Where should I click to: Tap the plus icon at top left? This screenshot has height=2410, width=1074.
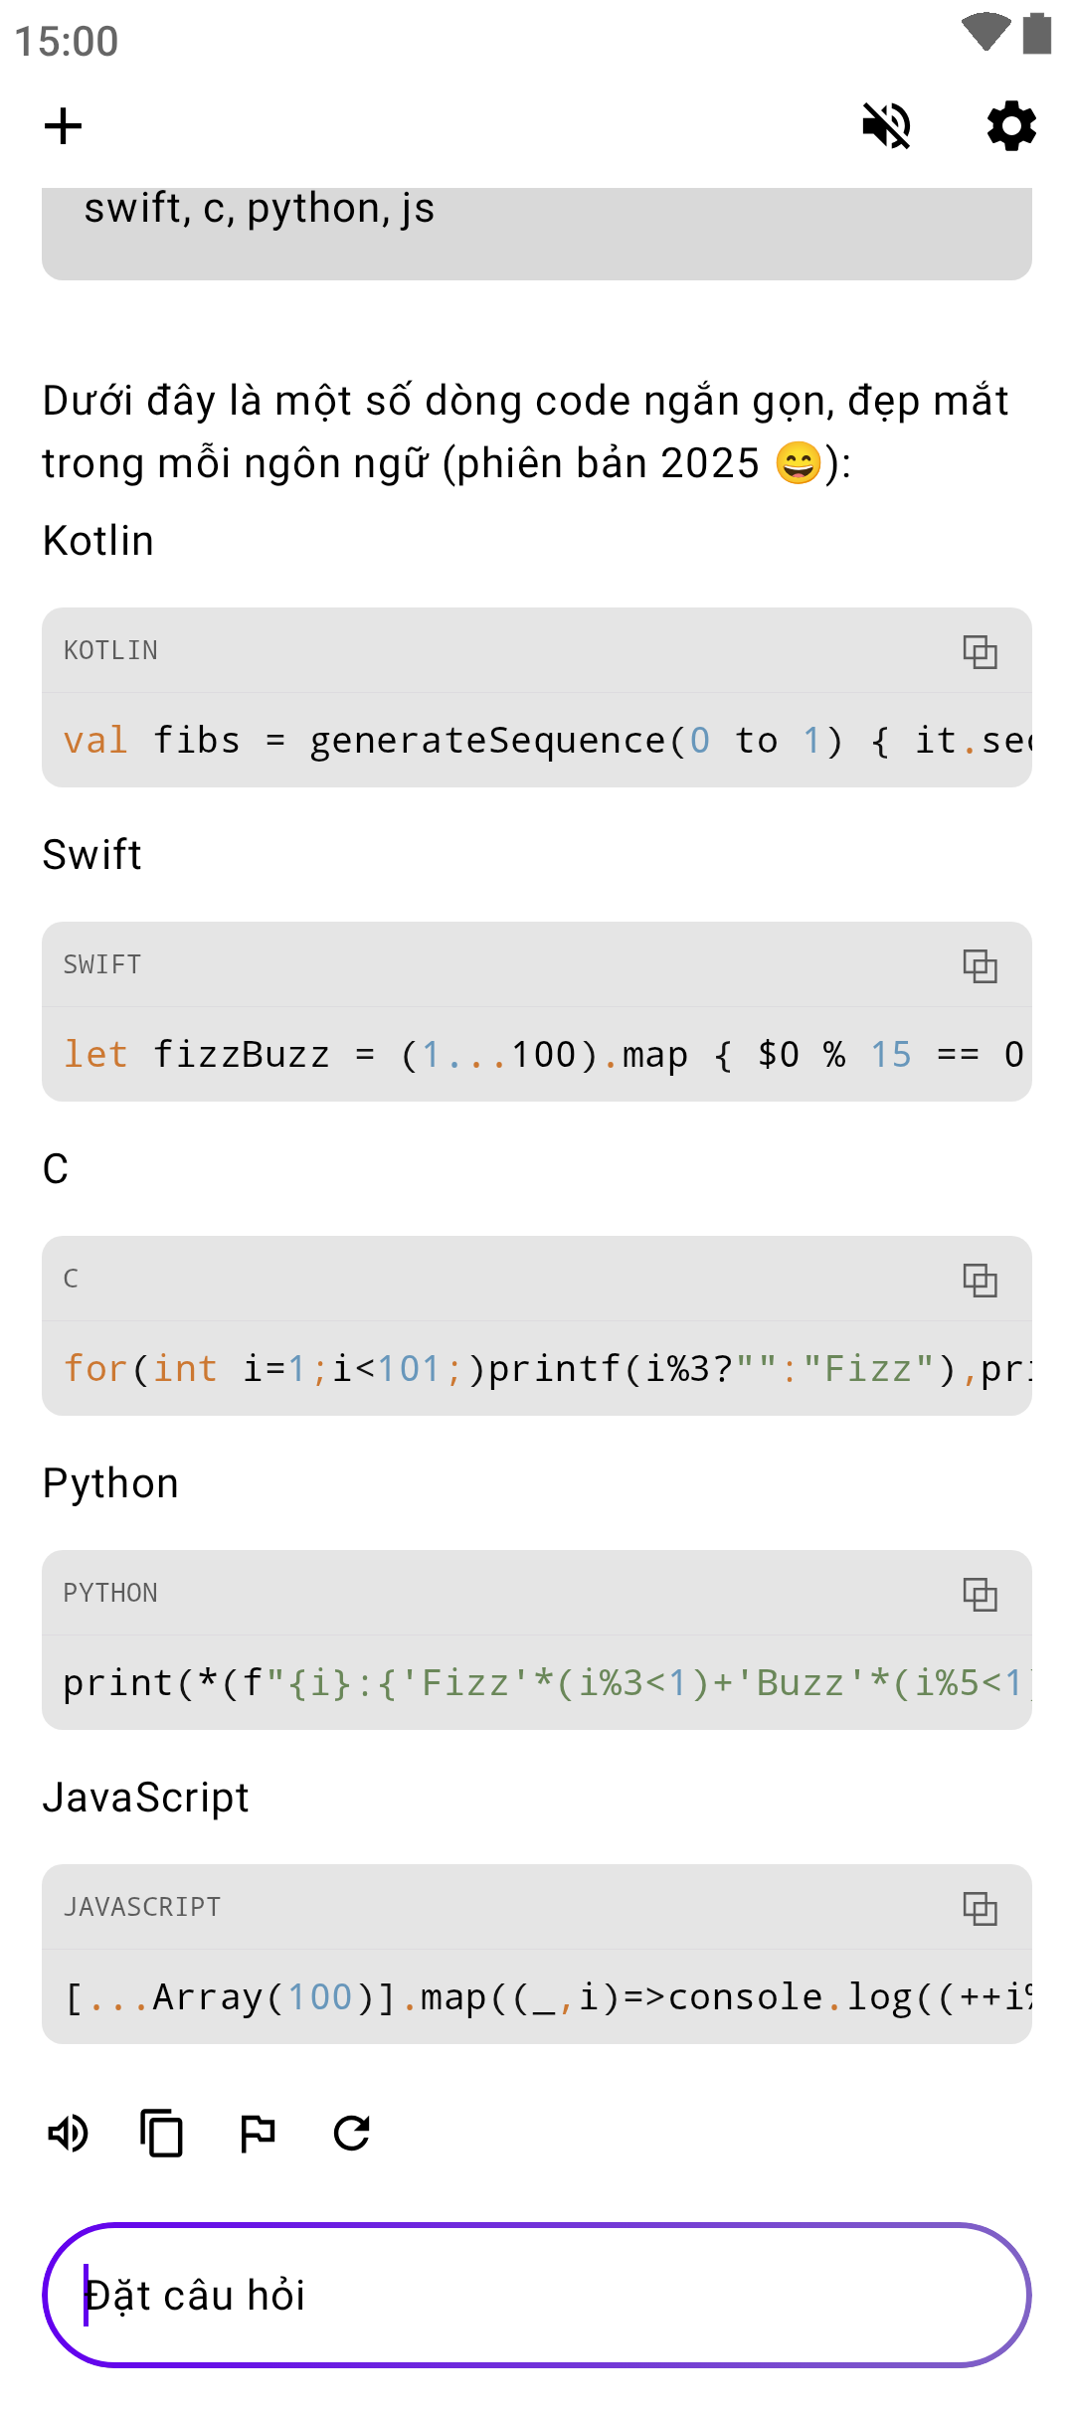[63, 126]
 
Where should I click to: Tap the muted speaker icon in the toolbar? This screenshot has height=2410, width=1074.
[886, 126]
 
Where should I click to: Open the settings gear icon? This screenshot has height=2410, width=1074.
[1011, 126]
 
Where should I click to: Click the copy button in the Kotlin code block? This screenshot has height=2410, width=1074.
[980, 652]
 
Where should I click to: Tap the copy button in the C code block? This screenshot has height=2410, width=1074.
[980, 1281]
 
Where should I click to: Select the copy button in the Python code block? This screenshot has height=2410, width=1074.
[980, 1595]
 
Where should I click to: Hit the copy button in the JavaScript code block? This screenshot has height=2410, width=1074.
[980, 1909]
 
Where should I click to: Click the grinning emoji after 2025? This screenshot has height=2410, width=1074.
[799, 464]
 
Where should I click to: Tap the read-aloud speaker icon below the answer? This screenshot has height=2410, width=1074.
[69, 2133]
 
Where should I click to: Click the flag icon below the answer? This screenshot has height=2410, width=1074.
[258, 2133]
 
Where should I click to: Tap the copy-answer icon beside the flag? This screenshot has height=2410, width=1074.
[162, 2133]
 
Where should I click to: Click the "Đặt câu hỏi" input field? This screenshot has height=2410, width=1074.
[537, 2295]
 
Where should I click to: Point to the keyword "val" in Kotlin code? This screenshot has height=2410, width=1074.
[95, 741]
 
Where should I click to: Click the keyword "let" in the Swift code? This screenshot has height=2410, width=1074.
[95, 1055]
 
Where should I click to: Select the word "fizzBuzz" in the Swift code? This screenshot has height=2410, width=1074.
[241, 1055]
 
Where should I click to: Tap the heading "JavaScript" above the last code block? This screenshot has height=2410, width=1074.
[145, 1798]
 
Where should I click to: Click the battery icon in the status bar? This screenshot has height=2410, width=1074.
[1037, 33]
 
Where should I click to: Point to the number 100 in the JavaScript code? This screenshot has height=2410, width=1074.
[319, 1997]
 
